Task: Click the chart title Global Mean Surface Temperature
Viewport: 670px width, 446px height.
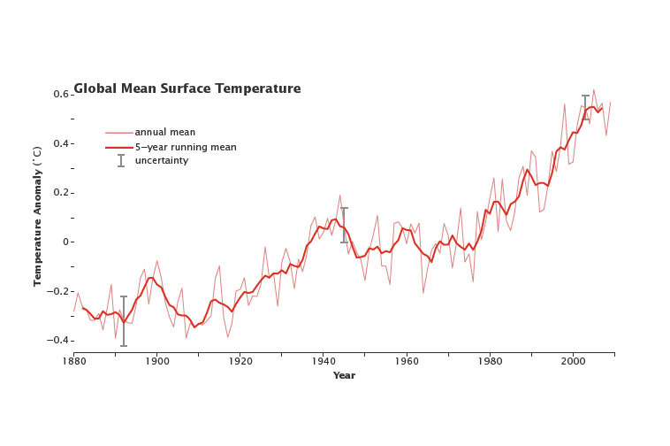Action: click(x=187, y=89)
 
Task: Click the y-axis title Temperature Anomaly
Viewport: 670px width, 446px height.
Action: click(x=38, y=217)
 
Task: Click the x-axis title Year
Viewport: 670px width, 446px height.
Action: click(x=344, y=375)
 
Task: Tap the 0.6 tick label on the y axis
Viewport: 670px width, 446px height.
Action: click(x=60, y=94)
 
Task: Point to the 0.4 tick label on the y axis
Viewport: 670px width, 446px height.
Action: click(x=60, y=143)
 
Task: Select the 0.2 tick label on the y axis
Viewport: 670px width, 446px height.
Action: click(x=60, y=192)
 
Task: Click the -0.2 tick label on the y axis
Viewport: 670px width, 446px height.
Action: click(x=58, y=291)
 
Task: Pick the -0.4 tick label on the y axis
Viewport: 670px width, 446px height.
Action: click(x=58, y=340)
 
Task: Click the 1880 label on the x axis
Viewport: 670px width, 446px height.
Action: click(x=73, y=361)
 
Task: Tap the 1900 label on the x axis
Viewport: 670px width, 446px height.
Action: click(x=156, y=361)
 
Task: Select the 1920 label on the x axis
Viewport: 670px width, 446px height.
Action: click(x=240, y=361)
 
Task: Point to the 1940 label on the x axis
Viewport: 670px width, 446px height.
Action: click(x=324, y=361)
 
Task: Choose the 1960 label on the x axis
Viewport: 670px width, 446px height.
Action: click(x=407, y=361)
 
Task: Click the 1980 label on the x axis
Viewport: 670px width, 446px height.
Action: click(x=490, y=361)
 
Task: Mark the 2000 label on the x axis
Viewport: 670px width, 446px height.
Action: click(x=573, y=361)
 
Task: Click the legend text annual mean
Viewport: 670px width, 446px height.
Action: click(x=164, y=133)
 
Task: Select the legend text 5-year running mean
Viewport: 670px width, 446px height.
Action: click(x=185, y=147)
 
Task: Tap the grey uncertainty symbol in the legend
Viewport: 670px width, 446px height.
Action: click(x=120, y=160)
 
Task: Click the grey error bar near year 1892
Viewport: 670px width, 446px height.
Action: click(x=124, y=320)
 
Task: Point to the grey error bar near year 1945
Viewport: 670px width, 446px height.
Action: click(x=344, y=225)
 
